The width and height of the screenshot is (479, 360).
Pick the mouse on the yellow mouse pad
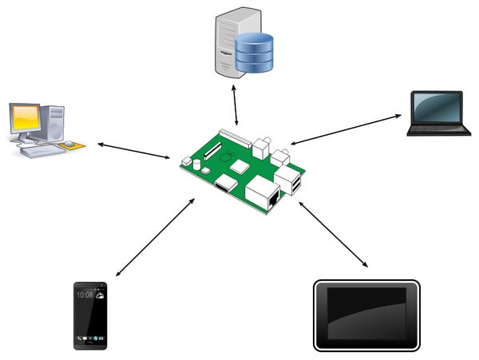pyautogui.click(x=71, y=144)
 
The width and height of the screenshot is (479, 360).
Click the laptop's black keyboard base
pyautogui.click(x=437, y=129)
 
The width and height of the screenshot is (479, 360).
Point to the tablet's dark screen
pyautogui.click(x=366, y=315)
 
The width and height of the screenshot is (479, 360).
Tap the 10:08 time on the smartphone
pyautogui.click(x=84, y=295)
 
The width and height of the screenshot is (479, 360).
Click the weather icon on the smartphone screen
pyautogui.click(x=98, y=295)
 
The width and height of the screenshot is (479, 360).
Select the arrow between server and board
pyautogui.click(x=235, y=104)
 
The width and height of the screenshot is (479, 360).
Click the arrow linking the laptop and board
pyautogui.click(x=346, y=129)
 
